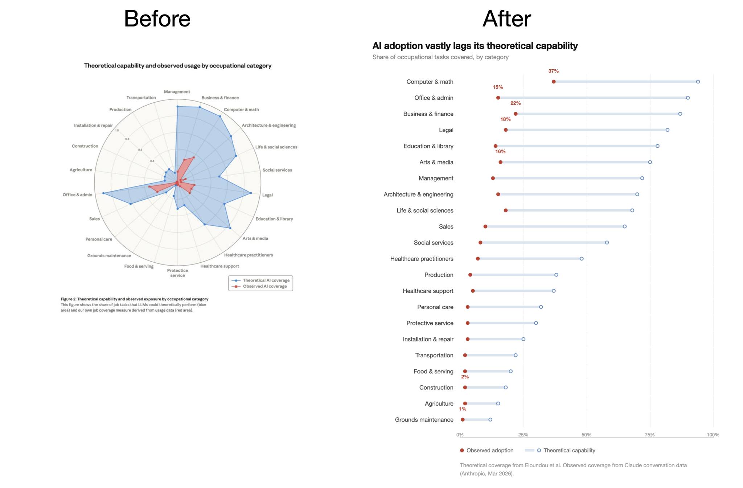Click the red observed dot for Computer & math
(554, 82)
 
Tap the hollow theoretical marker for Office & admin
(687, 98)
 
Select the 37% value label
(553, 71)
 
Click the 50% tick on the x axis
(586, 435)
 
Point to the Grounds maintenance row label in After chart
(424, 419)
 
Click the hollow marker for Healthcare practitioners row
(582, 259)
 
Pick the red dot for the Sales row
(485, 226)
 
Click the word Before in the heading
(157, 19)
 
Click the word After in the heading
(506, 19)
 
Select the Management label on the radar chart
(177, 92)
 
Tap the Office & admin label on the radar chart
(77, 195)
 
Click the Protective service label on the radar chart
(177, 273)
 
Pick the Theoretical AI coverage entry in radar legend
(266, 280)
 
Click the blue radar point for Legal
(251, 193)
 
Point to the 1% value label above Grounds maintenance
(462, 409)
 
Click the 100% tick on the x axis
(713, 435)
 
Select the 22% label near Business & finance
(515, 103)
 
